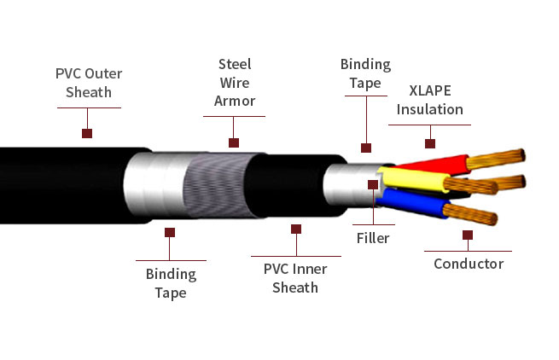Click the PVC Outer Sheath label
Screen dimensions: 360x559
89,81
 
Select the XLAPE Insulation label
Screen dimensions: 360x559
429,101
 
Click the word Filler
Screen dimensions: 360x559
373,238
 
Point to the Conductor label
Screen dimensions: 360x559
469,264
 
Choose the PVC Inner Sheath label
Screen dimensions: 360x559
295,278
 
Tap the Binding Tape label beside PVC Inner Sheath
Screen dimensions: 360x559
171,283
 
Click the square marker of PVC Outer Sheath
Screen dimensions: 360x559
86,133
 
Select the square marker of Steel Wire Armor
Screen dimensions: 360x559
234,143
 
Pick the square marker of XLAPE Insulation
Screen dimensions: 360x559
430,144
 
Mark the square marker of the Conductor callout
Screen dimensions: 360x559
468,234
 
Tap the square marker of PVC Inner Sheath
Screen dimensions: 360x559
296,229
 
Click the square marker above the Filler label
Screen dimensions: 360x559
373,183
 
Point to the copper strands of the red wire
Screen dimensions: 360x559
495,158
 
